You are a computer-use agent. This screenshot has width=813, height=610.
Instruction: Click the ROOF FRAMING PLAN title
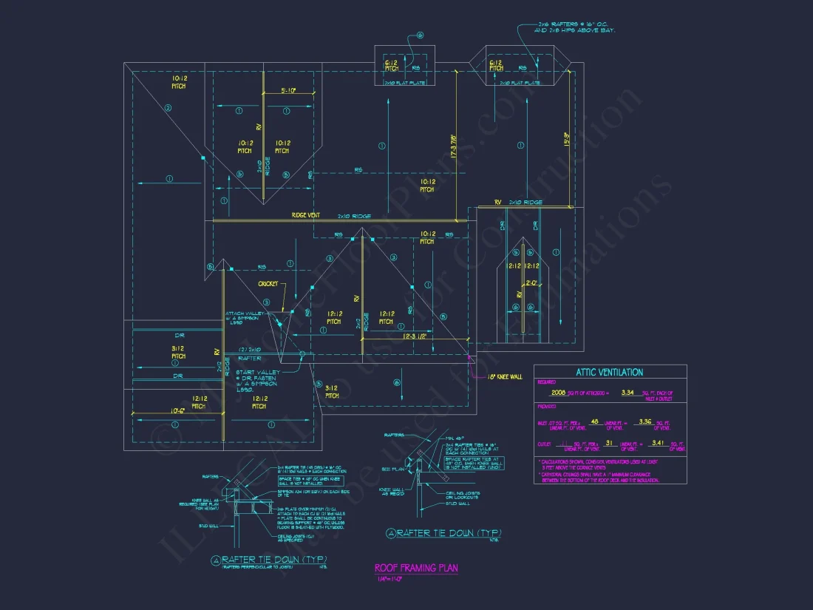point(416,568)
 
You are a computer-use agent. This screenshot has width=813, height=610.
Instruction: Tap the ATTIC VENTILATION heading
point(610,373)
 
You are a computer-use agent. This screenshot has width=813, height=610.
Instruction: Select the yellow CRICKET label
point(268,284)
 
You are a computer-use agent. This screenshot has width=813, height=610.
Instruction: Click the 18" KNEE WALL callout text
point(505,376)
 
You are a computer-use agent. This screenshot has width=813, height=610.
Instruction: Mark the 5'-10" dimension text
point(289,91)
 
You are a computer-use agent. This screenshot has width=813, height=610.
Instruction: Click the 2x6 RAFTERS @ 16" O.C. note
point(576,27)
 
